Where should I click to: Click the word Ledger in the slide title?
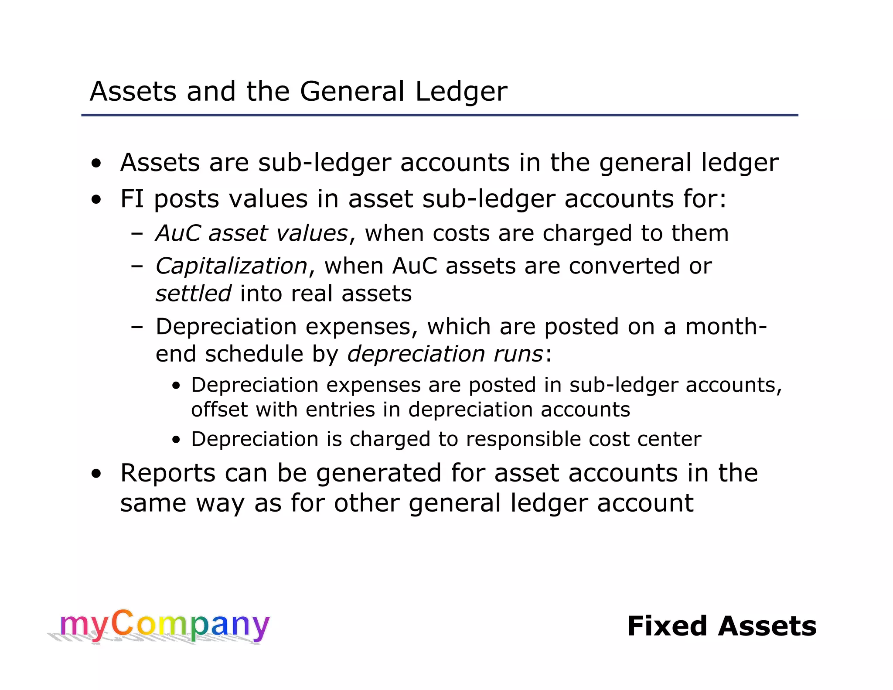tap(461, 92)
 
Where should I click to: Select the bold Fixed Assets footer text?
tap(722, 626)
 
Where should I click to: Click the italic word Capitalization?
tap(232, 266)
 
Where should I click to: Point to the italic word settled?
tap(193, 294)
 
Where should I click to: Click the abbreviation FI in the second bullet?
tap(132, 199)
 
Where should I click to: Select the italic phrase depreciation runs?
tap(445, 354)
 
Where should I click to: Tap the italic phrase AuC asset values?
tap(252, 233)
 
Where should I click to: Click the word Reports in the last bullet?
tap(167, 473)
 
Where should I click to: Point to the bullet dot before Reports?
tap(96, 474)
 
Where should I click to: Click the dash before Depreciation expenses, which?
tap(137, 327)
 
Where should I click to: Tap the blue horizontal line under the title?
tap(440, 115)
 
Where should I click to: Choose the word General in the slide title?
tap(352, 92)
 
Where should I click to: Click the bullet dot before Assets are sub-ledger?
tap(96, 164)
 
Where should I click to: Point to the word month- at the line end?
tap(726, 327)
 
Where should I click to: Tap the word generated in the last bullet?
tap(378, 474)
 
